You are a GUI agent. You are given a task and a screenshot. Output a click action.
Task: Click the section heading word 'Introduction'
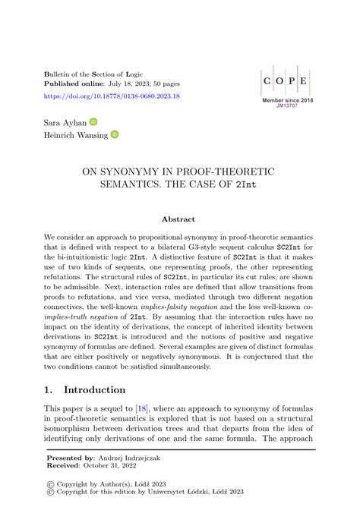pos(95,390)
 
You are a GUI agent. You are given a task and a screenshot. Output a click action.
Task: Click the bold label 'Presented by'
pos(70,458)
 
